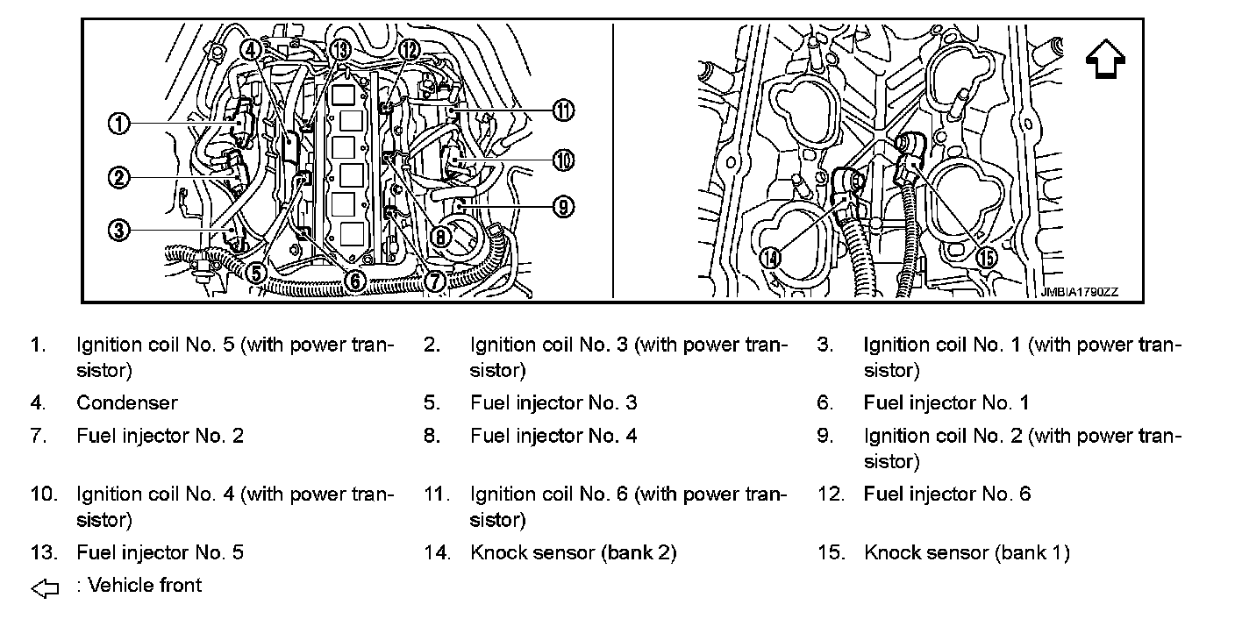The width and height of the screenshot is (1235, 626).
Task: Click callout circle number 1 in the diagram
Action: pyautogui.click(x=118, y=124)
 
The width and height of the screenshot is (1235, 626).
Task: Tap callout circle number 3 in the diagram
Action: pyautogui.click(x=118, y=230)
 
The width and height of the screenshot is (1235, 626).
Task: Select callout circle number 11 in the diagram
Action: pyautogui.click(x=563, y=110)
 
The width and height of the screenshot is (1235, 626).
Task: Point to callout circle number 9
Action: pyautogui.click(x=563, y=207)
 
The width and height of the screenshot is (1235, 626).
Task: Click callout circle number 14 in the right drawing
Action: pyautogui.click(x=770, y=258)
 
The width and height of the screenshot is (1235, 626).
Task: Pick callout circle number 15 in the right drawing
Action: pyautogui.click(x=987, y=258)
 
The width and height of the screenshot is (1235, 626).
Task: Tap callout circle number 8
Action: pyautogui.click(x=440, y=238)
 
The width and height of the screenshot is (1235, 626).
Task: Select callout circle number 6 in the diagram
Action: pyautogui.click(x=355, y=281)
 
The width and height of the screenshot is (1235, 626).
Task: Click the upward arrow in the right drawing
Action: pyautogui.click(x=1105, y=59)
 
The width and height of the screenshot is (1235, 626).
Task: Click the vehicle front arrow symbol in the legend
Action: pyautogui.click(x=45, y=588)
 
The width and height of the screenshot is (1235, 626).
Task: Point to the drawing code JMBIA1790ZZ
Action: pyautogui.click(x=1080, y=292)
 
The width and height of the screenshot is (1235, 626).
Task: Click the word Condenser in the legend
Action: pyautogui.click(x=127, y=402)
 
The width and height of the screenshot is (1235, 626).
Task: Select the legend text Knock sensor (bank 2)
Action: pyautogui.click(x=574, y=552)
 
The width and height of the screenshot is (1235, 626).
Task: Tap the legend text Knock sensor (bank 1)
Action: pyautogui.click(x=967, y=552)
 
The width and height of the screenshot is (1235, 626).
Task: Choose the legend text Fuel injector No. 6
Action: pyautogui.click(x=947, y=494)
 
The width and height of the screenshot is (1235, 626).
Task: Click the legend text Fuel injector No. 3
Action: pyautogui.click(x=553, y=402)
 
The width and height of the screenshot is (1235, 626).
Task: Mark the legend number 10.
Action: pyautogui.click(x=44, y=494)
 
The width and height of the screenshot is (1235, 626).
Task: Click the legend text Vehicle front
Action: pyautogui.click(x=145, y=585)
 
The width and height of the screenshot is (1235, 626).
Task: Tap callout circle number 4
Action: pyautogui.click(x=250, y=50)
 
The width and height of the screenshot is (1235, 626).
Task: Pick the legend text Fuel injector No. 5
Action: pyautogui.click(x=160, y=552)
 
